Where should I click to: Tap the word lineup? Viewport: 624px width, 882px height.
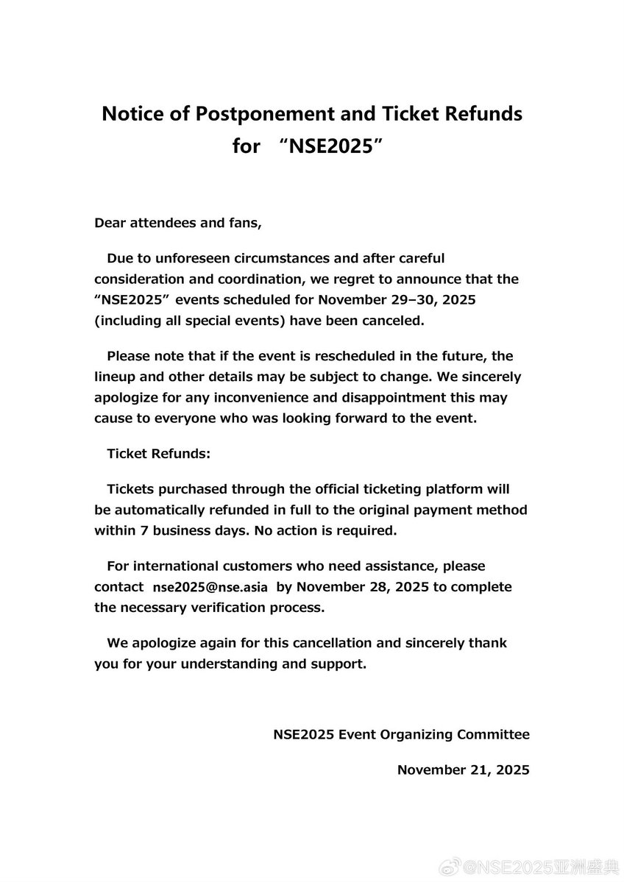(115, 377)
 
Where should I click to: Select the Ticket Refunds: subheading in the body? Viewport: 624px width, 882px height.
(159, 454)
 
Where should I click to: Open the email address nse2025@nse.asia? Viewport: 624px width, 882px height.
(210, 588)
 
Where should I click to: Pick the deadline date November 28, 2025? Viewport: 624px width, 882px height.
(366, 587)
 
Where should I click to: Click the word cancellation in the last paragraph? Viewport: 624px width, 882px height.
(330, 643)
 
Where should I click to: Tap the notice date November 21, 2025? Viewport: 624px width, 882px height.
(463, 769)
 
